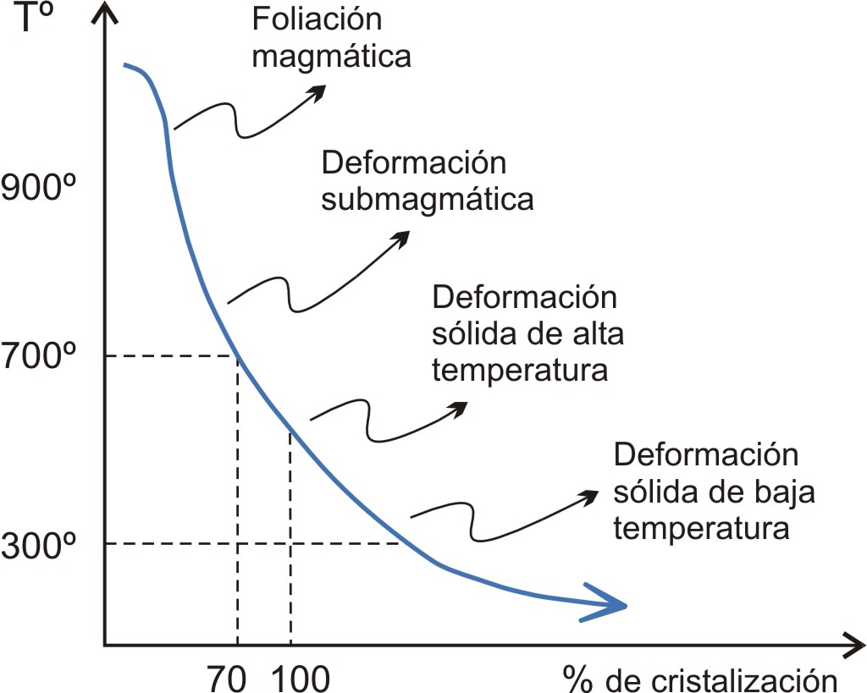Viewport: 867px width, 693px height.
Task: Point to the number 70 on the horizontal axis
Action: click(x=227, y=678)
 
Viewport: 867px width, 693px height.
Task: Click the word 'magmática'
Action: click(x=333, y=57)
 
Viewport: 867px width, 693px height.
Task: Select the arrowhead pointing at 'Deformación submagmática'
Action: click(x=401, y=238)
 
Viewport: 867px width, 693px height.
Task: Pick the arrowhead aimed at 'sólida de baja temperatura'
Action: click(x=589, y=496)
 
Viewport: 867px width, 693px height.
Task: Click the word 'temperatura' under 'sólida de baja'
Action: click(x=702, y=530)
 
